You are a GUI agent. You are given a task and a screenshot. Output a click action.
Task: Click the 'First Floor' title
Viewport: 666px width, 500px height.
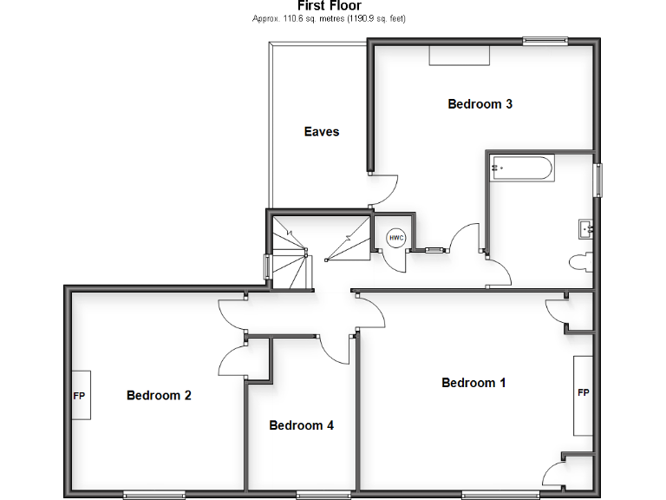(x=329, y=6)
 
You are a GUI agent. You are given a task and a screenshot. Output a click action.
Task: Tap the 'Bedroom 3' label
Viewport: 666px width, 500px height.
(x=480, y=104)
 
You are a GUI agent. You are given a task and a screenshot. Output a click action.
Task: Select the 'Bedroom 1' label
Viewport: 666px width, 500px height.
(x=473, y=383)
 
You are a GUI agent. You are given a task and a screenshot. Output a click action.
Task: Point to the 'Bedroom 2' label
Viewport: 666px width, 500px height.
(x=159, y=396)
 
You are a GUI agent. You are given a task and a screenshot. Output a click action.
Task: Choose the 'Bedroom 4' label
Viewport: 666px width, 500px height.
(x=301, y=425)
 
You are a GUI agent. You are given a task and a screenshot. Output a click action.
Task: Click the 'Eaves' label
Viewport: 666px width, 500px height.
(x=321, y=132)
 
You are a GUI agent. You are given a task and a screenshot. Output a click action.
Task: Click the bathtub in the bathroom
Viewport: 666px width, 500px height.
(x=521, y=168)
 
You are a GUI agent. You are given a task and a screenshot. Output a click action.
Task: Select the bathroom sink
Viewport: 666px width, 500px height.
(x=584, y=228)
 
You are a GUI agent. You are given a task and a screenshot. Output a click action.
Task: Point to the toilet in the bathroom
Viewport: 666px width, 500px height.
(x=581, y=260)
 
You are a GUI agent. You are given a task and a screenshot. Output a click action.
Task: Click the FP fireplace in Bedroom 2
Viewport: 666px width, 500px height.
(x=80, y=395)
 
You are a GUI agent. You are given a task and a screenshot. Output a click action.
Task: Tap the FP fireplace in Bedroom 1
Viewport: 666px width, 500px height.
(x=583, y=393)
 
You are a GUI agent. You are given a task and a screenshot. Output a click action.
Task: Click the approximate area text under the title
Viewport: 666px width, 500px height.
(x=329, y=18)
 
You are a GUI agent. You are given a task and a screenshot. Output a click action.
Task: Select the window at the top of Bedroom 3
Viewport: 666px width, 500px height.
(x=545, y=40)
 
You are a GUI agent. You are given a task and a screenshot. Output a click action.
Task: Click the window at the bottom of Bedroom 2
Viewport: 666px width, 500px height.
(x=155, y=495)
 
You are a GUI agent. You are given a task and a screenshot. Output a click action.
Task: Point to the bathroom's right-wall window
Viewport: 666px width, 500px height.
(x=597, y=180)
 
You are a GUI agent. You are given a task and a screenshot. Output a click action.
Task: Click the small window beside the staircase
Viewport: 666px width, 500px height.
(x=267, y=266)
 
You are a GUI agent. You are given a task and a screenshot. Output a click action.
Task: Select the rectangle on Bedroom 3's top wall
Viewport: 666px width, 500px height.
(x=460, y=55)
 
